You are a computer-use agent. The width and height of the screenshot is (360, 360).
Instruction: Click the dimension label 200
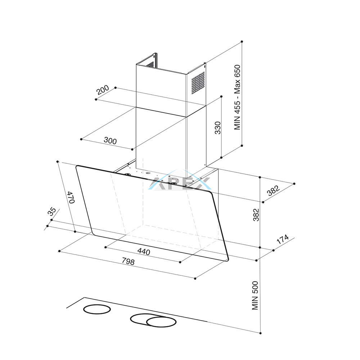coord(103,90)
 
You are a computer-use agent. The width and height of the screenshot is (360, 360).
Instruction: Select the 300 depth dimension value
coord(110,140)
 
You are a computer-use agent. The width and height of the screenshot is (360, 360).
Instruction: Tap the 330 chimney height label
coord(217,128)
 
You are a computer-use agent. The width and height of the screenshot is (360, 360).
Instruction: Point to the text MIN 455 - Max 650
coord(237,97)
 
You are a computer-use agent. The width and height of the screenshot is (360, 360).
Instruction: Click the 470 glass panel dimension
coord(71,197)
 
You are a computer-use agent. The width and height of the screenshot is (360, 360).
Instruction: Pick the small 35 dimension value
coord(51,211)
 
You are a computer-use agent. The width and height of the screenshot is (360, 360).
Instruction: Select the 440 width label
coord(144,252)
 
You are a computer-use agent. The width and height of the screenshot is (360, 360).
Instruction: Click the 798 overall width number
coord(128,261)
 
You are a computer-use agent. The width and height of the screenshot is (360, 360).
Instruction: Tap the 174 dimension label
coord(282,239)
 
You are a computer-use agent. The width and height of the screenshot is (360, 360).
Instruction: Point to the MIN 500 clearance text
coord(255,296)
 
